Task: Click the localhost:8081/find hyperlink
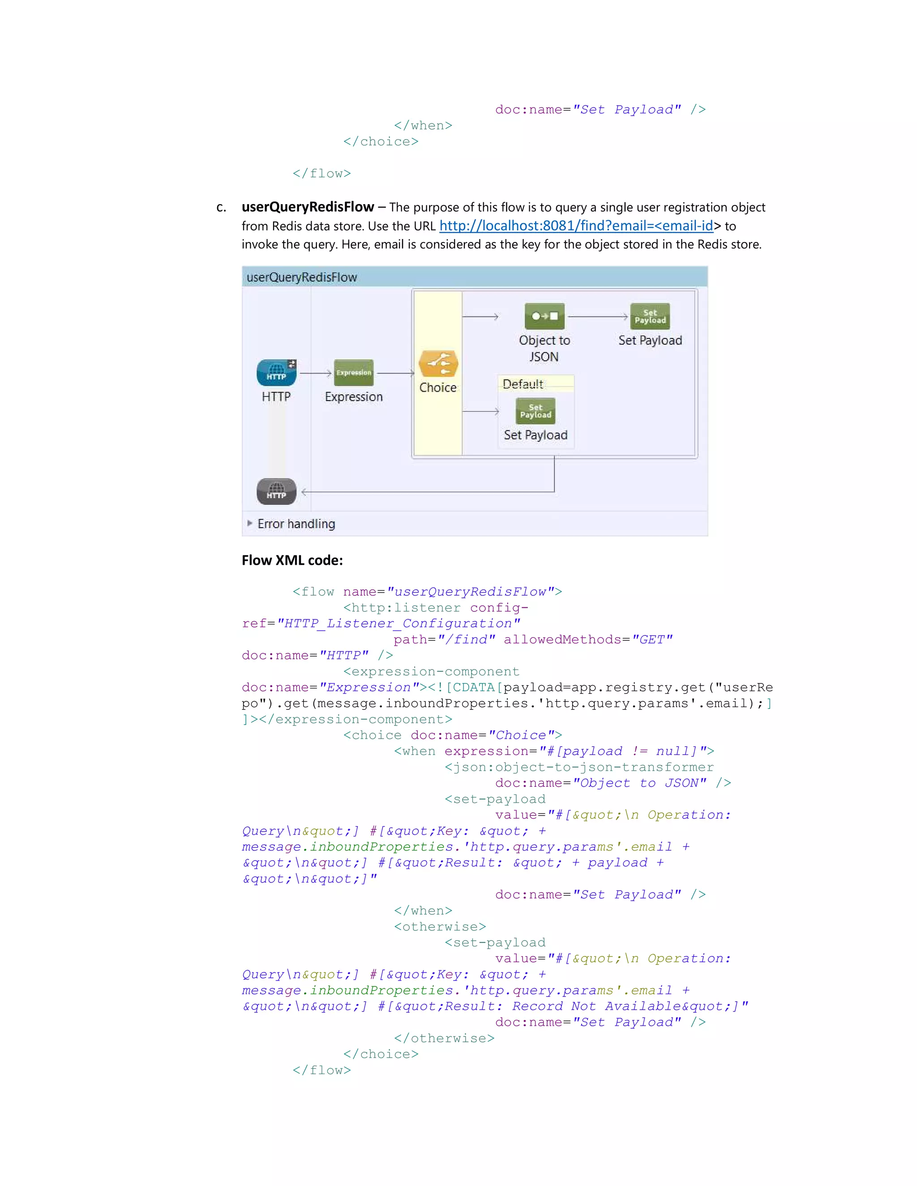click(x=576, y=226)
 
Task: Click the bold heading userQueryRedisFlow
click(x=308, y=207)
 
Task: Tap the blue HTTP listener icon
click(x=277, y=372)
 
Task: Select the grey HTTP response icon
click(x=277, y=491)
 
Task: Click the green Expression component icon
click(x=354, y=372)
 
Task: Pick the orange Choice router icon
click(x=438, y=364)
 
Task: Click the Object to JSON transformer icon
click(x=544, y=316)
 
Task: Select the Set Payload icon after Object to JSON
click(x=650, y=316)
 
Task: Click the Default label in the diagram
click(x=523, y=384)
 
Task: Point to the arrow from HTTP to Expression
click(x=316, y=373)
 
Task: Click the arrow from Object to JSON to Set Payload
click(x=598, y=316)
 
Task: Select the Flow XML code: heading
click(x=292, y=560)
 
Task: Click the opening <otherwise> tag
click(x=440, y=926)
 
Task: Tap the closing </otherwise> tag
click(x=444, y=1038)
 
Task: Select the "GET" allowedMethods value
click(x=652, y=640)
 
